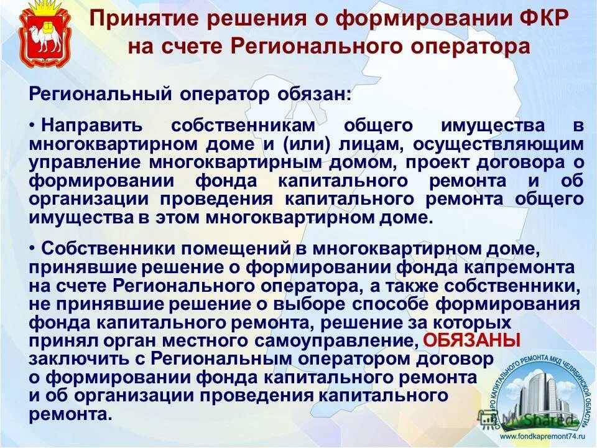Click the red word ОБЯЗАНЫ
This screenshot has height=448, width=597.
[471, 340]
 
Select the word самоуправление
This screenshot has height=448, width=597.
[354, 341]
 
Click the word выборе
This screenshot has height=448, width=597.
[317, 304]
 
